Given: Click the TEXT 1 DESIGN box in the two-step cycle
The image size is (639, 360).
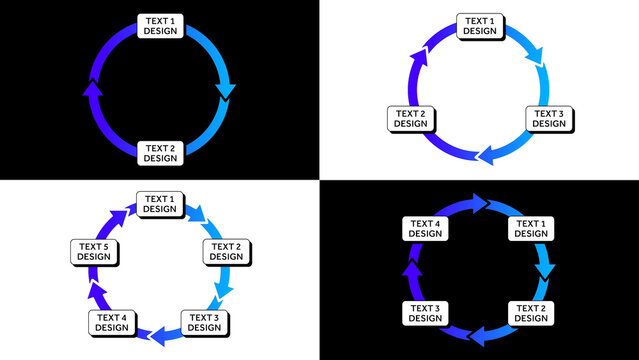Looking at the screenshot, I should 159,26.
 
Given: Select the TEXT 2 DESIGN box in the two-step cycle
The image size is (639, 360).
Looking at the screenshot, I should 159,152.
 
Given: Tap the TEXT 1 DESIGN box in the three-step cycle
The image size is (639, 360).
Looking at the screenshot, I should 479,25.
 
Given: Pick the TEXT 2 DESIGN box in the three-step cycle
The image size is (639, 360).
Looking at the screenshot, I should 409,118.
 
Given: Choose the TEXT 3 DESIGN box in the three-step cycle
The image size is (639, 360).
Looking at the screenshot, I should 548,119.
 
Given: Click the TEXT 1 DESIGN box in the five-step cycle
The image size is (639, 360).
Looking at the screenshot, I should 158,203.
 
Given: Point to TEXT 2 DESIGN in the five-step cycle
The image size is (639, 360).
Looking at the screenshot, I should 225,251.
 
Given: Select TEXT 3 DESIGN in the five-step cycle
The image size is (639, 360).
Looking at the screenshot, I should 203,322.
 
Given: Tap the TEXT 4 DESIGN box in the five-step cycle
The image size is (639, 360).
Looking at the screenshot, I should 111,322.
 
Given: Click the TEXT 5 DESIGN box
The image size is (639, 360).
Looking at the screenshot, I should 93,251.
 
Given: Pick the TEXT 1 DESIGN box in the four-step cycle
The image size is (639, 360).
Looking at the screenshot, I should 530,228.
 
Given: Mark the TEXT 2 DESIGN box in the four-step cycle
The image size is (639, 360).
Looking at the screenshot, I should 530,312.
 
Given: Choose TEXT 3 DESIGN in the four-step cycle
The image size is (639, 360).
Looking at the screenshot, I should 424,312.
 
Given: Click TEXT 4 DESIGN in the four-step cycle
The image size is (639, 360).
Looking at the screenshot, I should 424,228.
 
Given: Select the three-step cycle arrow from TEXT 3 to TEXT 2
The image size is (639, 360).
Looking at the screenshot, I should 490,154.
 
